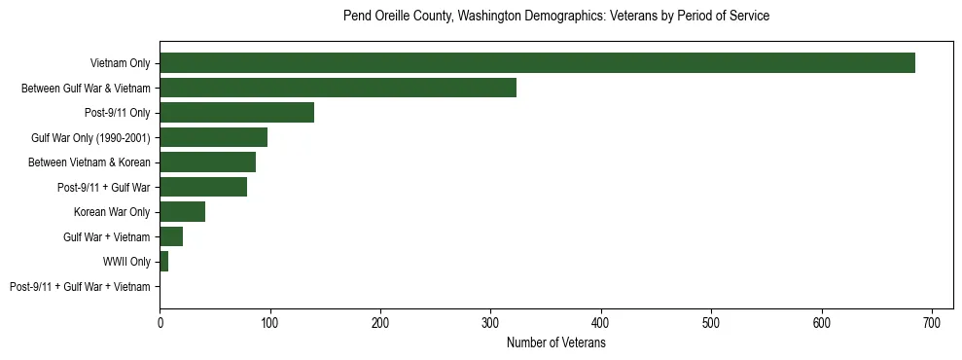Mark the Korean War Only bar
(x=182, y=212)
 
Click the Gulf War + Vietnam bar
(x=171, y=236)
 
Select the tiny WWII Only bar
(x=163, y=262)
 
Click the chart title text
(x=556, y=17)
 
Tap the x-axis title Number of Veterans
(x=556, y=343)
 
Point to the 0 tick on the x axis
(x=160, y=322)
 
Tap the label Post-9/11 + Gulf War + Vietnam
(x=80, y=286)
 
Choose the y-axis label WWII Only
(x=126, y=262)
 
